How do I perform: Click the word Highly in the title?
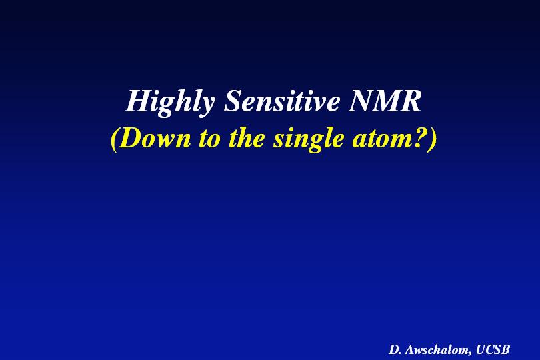coord(170,102)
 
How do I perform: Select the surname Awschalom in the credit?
coord(437,349)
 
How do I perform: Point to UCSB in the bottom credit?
coord(493,349)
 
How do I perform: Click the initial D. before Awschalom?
coord(395,349)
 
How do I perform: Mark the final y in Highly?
coord(207,106)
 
